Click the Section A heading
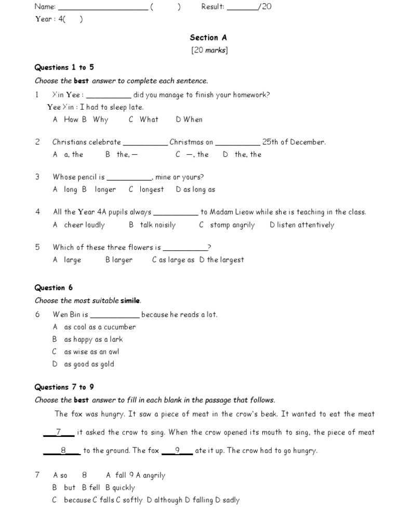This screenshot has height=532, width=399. tap(208, 37)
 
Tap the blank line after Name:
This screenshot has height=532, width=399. tap(102, 7)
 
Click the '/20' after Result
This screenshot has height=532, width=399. tap(264, 7)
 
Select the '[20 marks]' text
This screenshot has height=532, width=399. tap(209, 50)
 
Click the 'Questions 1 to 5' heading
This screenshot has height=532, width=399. tap(64, 67)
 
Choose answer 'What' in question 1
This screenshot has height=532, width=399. tap(149, 119)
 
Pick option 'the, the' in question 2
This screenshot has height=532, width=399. tap(248, 154)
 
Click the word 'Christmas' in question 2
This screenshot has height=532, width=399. tap(187, 142)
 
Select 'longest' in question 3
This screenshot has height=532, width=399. tap(151, 190)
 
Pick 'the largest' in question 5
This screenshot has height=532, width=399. tap(225, 260)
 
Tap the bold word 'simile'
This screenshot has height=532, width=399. tap(130, 301)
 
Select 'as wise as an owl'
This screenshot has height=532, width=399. tap(91, 352)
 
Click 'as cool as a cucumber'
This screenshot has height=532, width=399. tap(100, 327)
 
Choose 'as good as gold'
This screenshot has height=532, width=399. tap(89, 364)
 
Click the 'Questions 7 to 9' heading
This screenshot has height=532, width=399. tap(64, 387)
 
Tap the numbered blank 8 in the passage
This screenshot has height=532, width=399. tap(62, 450)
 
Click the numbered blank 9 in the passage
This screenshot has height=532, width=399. tap(177, 450)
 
